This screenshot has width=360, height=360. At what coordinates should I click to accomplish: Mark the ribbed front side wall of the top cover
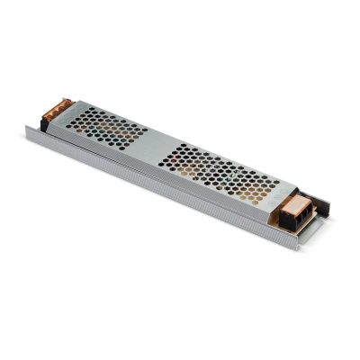pos(162,185)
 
